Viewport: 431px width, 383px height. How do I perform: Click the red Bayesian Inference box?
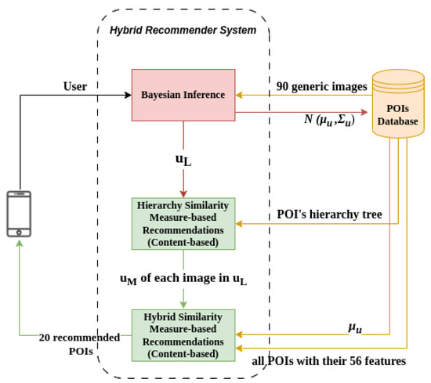pos(183,95)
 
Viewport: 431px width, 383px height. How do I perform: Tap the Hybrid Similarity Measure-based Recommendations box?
pos(183,335)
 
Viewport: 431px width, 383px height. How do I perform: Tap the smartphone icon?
pos(18,212)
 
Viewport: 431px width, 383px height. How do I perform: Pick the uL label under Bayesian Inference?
pos(183,160)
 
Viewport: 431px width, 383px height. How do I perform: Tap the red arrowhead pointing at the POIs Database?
pos(364,112)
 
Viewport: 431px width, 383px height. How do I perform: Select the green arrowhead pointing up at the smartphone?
pos(18,243)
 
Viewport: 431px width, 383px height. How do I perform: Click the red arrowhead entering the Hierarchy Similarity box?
pos(183,196)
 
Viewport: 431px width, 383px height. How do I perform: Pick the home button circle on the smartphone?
pos(18,229)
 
